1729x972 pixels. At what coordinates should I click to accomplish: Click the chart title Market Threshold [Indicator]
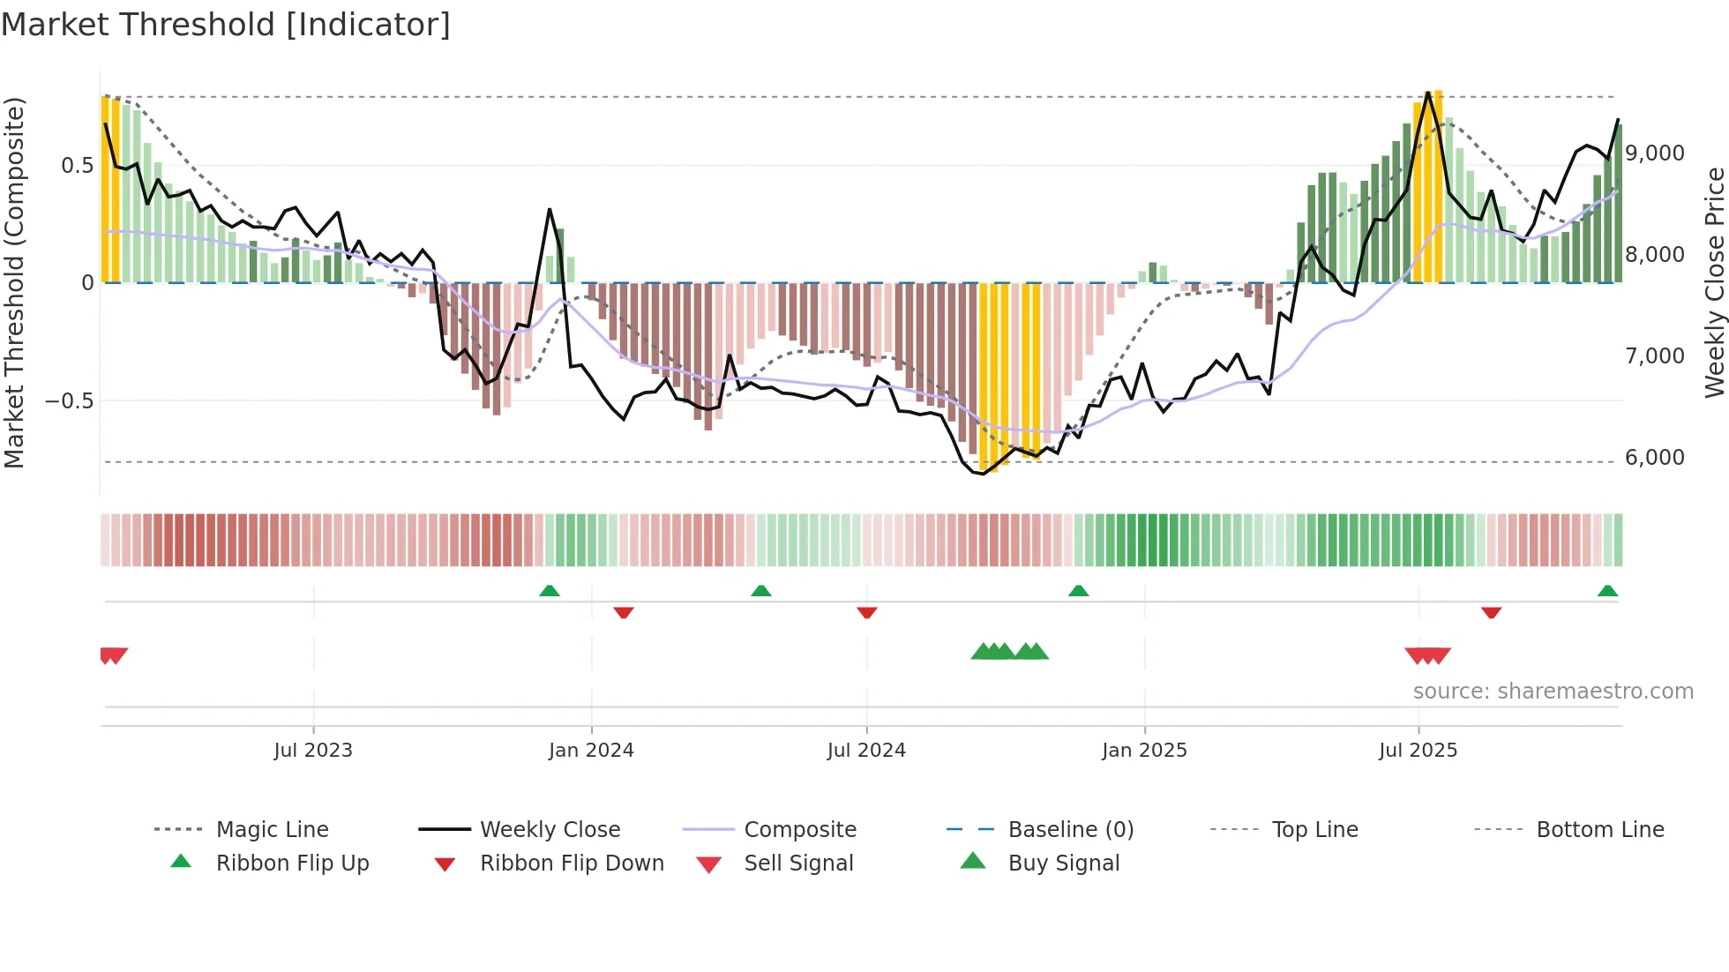(x=226, y=25)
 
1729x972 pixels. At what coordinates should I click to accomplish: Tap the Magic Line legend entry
(x=272, y=829)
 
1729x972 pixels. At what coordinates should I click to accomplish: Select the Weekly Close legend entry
(x=550, y=829)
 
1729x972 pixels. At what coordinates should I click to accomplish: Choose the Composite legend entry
(x=799, y=829)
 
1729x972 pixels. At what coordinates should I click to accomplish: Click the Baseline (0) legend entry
(x=1070, y=829)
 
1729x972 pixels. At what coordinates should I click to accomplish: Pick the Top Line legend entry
(x=1314, y=829)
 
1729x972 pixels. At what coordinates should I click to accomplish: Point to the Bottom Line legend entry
(x=1599, y=829)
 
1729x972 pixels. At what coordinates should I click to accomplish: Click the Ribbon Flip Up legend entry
(x=292, y=863)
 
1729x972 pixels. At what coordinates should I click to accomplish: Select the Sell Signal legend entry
(x=798, y=863)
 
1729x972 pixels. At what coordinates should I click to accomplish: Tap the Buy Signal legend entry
(x=1063, y=863)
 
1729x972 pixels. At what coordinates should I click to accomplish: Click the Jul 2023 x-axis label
(x=313, y=750)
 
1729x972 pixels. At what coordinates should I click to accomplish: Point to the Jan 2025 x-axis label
(x=1144, y=750)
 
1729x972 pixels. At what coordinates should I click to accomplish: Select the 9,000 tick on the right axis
(x=1655, y=153)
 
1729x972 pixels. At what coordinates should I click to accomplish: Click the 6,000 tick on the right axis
(x=1655, y=457)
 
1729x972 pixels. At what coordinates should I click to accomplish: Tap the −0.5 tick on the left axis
(x=69, y=400)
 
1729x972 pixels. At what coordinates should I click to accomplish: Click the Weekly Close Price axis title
(x=1714, y=282)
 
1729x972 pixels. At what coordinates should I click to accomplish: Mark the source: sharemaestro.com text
(x=1553, y=691)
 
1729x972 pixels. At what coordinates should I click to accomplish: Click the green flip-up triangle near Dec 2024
(x=1078, y=590)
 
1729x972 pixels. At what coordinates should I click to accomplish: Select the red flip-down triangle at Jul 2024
(x=867, y=612)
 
